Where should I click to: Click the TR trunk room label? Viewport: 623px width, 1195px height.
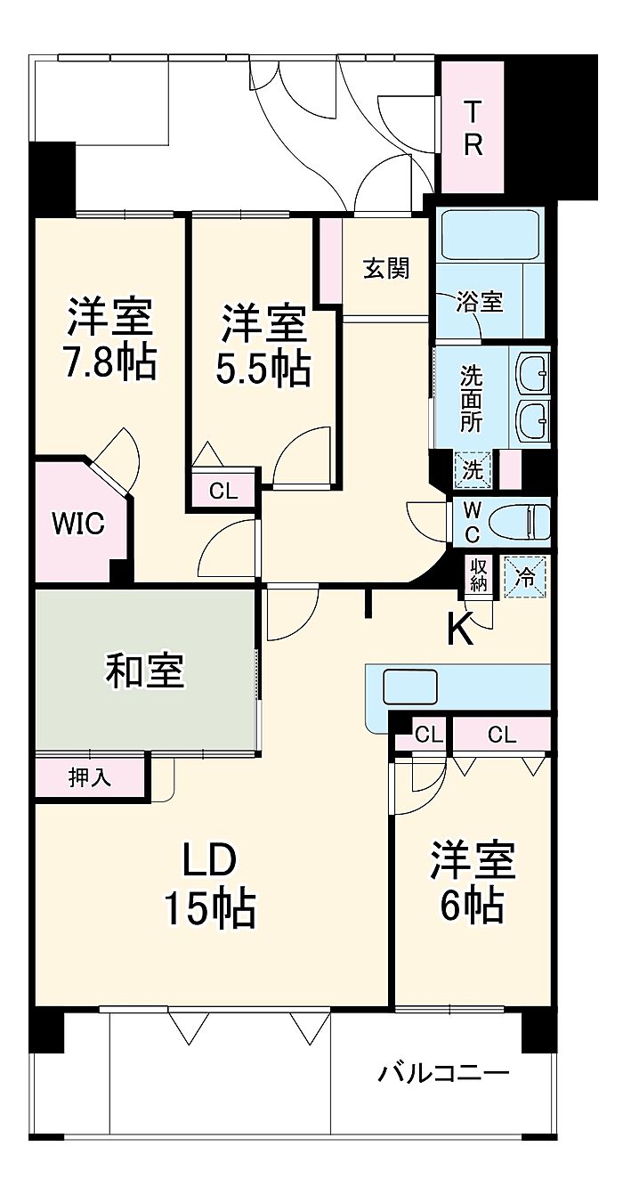(x=473, y=127)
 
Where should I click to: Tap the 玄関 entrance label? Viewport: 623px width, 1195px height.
(x=387, y=268)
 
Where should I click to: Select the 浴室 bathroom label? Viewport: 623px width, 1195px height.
(x=479, y=302)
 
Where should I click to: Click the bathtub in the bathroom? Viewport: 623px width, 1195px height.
(x=489, y=235)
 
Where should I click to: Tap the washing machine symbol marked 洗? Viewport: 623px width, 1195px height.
(x=472, y=470)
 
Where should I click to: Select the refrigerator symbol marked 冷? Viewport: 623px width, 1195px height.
(x=525, y=577)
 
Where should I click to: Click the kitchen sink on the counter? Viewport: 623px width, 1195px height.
(x=410, y=687)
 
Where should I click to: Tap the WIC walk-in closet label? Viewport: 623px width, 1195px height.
(x=78, y=524)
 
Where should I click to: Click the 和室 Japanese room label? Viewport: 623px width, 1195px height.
(x=144, y=671)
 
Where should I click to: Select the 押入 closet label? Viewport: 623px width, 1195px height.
(x=90, y=777)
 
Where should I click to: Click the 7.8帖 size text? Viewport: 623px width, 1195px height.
(x=109, y=363)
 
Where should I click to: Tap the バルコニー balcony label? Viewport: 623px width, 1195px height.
(x=444, y=1072)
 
